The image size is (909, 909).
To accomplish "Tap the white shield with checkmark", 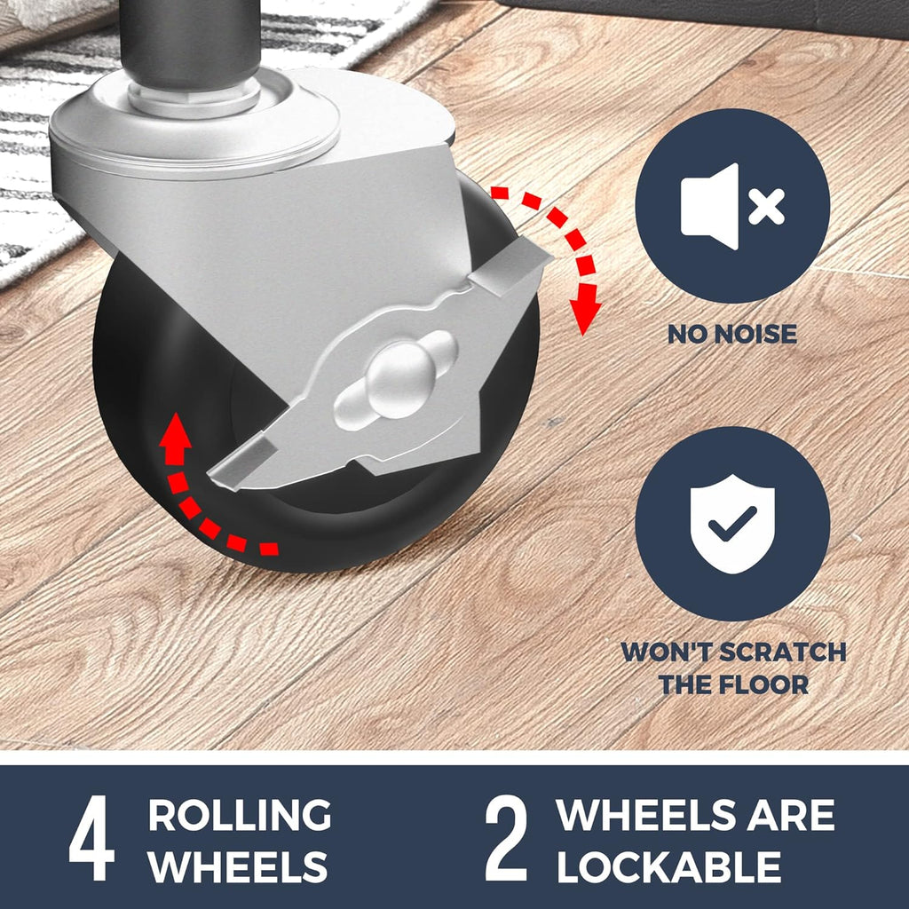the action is point(732,524).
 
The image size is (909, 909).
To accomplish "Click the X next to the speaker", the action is point(766,206).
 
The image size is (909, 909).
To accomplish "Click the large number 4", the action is point(91,838).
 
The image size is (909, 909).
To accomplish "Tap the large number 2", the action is point(506,838).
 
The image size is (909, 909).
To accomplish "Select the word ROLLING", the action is point(240,815).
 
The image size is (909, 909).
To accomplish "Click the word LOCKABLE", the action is point(669,866).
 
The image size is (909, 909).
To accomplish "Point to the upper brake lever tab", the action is point(510,264).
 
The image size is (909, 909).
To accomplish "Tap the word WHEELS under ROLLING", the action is point(238,866).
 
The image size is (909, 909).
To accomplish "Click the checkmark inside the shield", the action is point(732,524).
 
